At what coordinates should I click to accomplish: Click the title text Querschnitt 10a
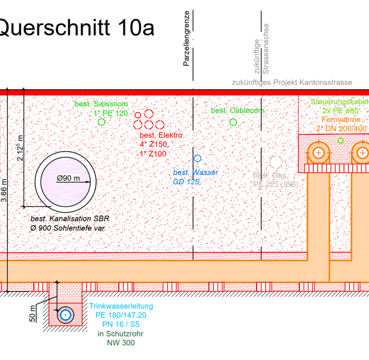pyautogui.click(x=77, y=27)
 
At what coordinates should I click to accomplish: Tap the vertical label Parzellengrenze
pyautogui.click(x=187, y=38)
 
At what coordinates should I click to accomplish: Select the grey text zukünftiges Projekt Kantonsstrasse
pyautogui.click(x=292, y=83)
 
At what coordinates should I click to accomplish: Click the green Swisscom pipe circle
pyautogui.click(x=101, y=122)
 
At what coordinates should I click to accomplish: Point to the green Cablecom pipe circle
pyautogui.click(x=233, y=122)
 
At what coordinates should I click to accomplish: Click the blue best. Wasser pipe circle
pyautogui.click(x=197, y=158)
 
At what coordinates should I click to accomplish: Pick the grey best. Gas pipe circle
pyautogui.click(x=276, y=163)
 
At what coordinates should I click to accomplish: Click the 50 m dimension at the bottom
pyautogui.click(x=32, y=313)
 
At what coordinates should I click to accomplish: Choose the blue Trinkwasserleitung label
pyautogui.click(x=121, y=306)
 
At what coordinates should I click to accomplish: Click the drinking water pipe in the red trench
pyautogui.click(x=65, y=315)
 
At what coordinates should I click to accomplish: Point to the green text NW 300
pyautogui.click(x=121, y=343)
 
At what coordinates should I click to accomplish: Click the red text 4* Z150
pyautogui.click(x=153, y=144)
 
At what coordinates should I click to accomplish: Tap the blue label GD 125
pyautogui.click(x=186, y=182)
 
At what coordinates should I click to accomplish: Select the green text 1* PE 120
pyautogui.click(x=111, y=113)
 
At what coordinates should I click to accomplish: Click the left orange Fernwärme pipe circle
pyautogui.click(x=318, y=154)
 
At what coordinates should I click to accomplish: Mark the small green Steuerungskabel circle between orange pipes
pyautogui.click(x=341, y=141)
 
